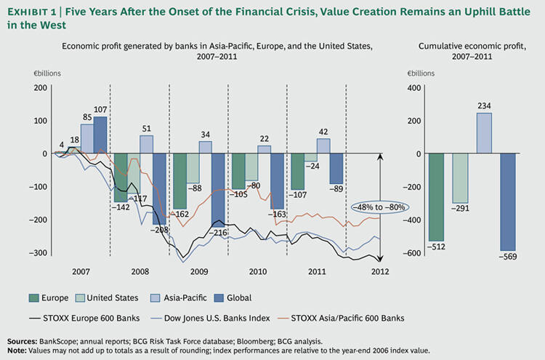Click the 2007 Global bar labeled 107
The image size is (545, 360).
pos(100,135)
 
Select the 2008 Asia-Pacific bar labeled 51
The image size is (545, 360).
pos(146,144)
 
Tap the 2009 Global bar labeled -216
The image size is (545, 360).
pos(218,191)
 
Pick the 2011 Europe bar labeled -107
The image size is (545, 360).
pos(297,172)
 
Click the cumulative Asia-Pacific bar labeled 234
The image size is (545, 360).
pos(484,133)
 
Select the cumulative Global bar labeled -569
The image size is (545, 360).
pos(508,202)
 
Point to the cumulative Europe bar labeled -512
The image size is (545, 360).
pos(436,197)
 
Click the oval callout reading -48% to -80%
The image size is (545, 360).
pos(379,207)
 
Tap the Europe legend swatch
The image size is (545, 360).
pos(33,298)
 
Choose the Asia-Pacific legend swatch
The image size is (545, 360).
pos(155,298)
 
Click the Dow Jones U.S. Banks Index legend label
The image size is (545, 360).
pos(217,319)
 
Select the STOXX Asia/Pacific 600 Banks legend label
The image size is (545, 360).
pos(347,319)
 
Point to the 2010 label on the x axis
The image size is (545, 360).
pos(258,272)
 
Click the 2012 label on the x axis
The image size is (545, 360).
pos(380,272)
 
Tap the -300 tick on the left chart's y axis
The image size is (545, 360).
pos(39,253)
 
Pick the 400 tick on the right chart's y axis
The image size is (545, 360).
pos(414,88)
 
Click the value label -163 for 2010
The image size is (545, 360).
pos(277,215)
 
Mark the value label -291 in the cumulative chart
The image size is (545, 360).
pos(460,209)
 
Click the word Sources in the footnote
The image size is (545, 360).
pos(22,341)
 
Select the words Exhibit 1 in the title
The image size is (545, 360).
pos(31,12)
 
